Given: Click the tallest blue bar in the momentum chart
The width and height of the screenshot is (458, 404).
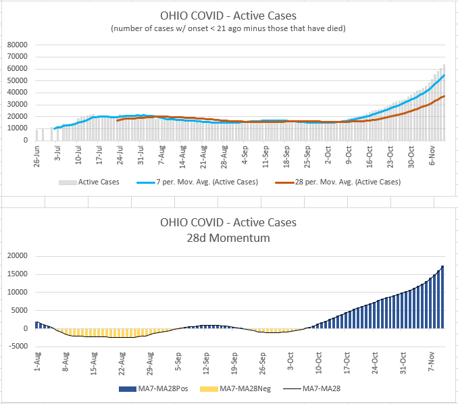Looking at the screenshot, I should [443, 297].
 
